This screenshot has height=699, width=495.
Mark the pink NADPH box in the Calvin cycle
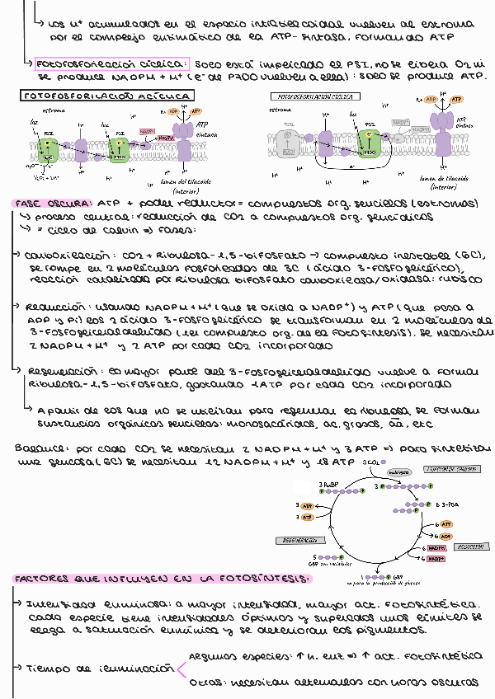point(438,547)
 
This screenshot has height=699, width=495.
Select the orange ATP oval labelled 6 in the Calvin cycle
point(445,524)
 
